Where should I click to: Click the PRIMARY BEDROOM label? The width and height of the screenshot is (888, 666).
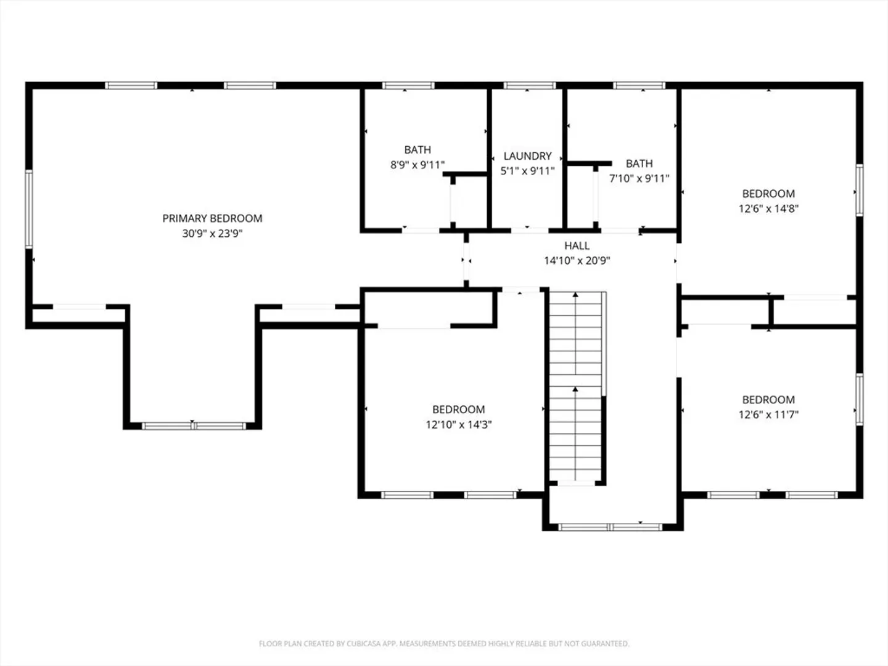click(x=212, y=218)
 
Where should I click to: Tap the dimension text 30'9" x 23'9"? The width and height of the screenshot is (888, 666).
click(x=212, y=233)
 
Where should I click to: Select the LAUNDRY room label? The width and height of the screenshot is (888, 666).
click(x=527, y=156)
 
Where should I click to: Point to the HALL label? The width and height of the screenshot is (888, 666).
click(x=577, y=246)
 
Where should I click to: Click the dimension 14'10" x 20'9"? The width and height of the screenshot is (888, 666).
click(x=577, y=261)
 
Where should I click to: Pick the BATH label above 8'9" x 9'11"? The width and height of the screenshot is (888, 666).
click(x=417, y=150)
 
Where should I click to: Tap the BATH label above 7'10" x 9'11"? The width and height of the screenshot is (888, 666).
click(x=639, y=164)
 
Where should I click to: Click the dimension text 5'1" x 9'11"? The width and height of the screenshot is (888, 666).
click(x=527, y=171)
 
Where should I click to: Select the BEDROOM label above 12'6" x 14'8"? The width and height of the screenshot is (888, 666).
click(x=768, y=194)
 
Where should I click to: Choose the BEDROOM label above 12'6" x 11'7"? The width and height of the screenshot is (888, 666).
click(x=768, y=400)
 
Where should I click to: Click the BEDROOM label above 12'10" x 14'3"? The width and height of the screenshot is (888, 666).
click(x=459, y=409)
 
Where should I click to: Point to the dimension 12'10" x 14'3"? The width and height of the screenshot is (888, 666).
click(x=459, y=425)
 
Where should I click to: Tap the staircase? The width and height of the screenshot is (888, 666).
click(x=575, y=386)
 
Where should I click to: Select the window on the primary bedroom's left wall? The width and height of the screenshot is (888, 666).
click(x=29, y=209)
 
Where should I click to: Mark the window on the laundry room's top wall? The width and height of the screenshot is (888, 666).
click(x=530, y=85)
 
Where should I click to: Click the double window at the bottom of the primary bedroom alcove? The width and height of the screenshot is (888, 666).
click(x=194, y=425)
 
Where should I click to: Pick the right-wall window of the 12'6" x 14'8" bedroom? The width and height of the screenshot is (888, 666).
click(x=860, y=190)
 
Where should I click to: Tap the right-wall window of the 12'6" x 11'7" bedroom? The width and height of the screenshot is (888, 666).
click(x=860, y=400)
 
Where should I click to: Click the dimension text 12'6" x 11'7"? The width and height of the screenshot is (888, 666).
click(x=768, y=414)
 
